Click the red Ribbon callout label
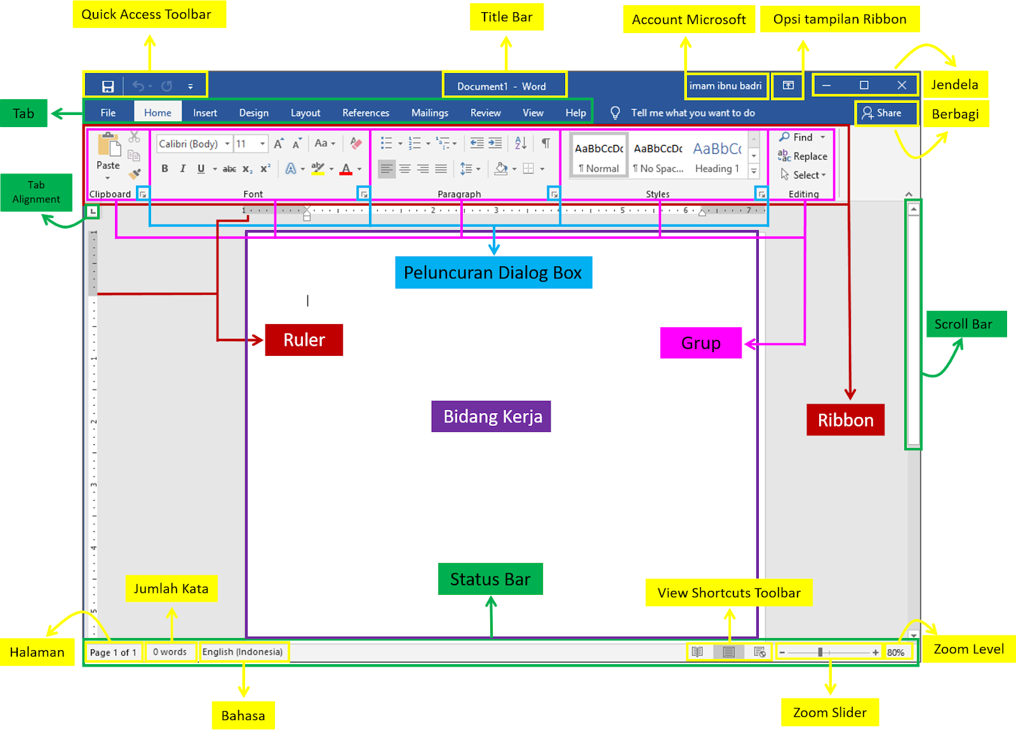[x=845, y=420]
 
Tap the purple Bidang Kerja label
[x=492, y=416]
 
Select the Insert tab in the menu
[x=204, y=112]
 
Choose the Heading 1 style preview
[x=718, y=156]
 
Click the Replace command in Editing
[x=803, y=156]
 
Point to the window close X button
[x=901, y=85]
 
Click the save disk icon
[x=108, y=86]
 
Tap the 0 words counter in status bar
[x=170, y=652]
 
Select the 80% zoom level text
[x=895, y=652]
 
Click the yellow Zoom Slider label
[x=829, y=712]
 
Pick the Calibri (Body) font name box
[x=189, y=144]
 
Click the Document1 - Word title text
[x=501, y=86]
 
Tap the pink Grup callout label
[x=700, y=343]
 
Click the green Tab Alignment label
[x=36, y=192]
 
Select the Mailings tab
[x=429, y=112]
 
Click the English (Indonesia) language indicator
[x=243, y=652]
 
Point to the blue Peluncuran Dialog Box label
[x=493, y=273]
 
